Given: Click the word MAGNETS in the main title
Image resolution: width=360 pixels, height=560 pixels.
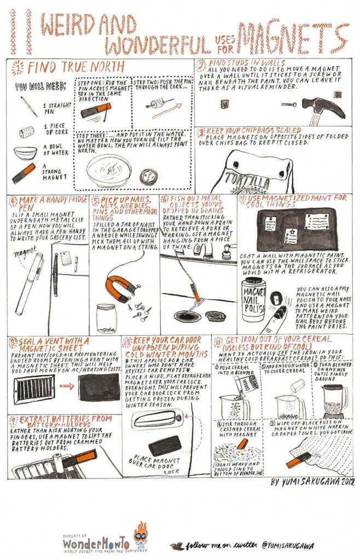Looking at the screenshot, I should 290,37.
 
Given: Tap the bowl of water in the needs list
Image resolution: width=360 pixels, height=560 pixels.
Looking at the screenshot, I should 25,153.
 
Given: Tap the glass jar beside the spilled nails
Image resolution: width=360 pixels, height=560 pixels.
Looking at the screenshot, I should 106,318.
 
